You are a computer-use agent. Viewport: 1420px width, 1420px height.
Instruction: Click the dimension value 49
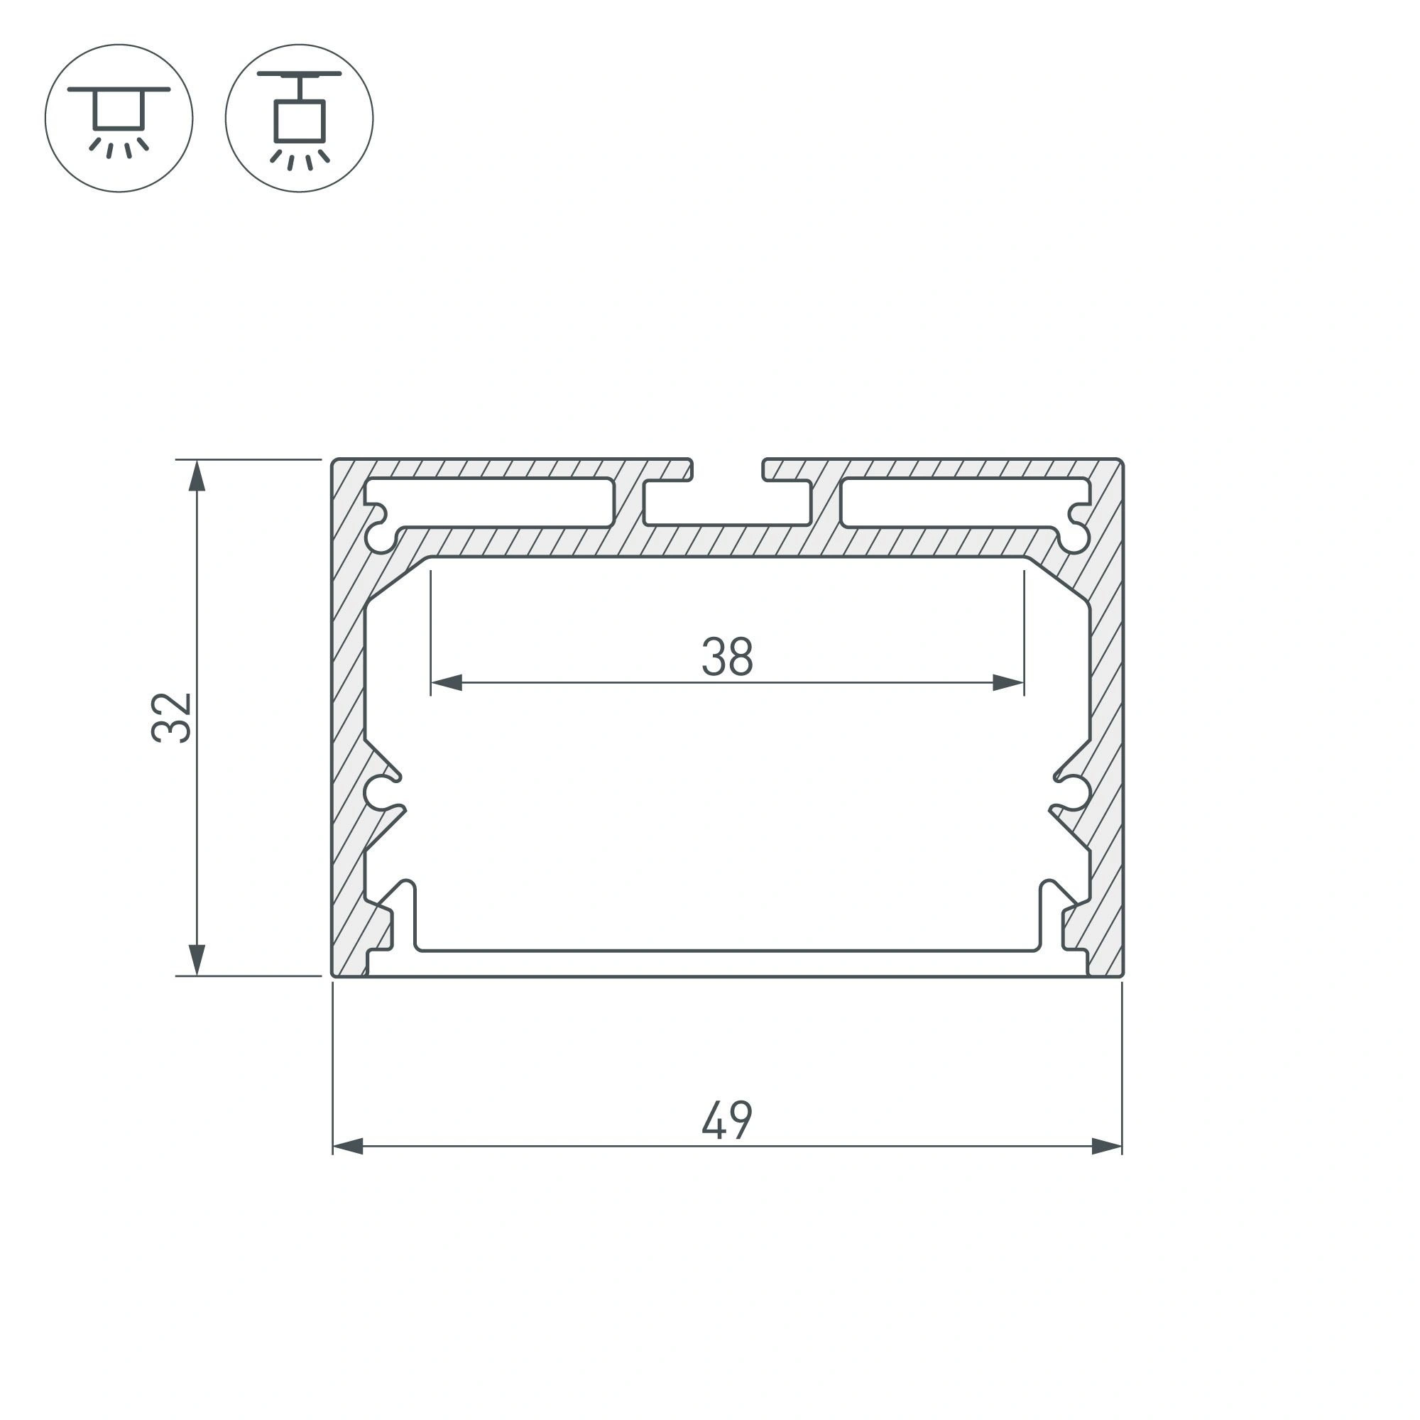point(727,1120)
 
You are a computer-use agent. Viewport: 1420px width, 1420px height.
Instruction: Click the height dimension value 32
point(171,717)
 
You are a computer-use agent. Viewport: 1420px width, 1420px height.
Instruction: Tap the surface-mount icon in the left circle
point(119,122)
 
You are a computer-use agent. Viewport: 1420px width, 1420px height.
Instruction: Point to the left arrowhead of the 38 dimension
point(446,683)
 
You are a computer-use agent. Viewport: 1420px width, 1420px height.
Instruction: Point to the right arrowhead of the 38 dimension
point(1008,683)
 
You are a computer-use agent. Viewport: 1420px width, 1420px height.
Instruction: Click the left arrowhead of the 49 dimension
point(349,1146)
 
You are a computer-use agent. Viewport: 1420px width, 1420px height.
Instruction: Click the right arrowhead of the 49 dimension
point(1107,1146)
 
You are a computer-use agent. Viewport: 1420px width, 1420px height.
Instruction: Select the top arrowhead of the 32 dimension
point(196,476)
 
